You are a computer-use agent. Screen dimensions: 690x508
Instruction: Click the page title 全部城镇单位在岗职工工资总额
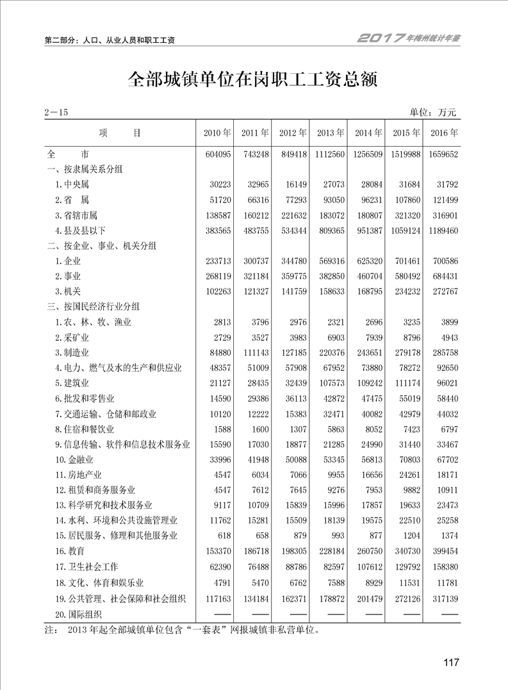[254, 79]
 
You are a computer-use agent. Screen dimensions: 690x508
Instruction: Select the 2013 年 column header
[331, 133]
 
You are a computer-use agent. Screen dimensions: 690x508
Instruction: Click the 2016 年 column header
[444, 133]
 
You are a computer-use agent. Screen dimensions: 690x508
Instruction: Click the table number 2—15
[56, 113]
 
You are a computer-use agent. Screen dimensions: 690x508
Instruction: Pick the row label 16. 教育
[70, 551]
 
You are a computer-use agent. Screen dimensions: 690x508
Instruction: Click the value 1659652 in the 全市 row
[444, 154]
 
